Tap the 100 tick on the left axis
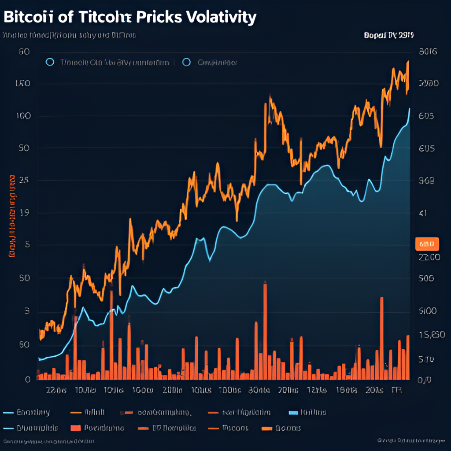(x=23, y=116)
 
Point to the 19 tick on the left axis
(x=24, y=213)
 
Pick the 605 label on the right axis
(x=426, y=116)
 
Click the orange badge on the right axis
(x=427, y=243)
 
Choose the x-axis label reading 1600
(x=143, y=390)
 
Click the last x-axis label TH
(x=397, y=390)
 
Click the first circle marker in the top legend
(x=50, y=62)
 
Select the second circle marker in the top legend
(x=186, y=62)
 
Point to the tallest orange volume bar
(x=265, y=330)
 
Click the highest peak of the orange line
(x=408, y=62)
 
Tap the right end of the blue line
(x=410, y=109)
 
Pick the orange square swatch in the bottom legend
(x=76, y=428)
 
